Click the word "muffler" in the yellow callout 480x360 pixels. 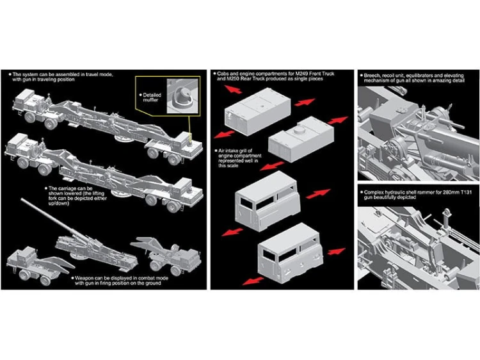[x=150, y=100]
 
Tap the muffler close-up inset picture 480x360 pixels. [x=183, y=96]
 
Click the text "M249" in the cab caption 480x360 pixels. [x=302, y=74]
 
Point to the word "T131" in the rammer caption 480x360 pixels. [x=465, y=192]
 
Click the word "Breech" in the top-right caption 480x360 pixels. [x=372, y=76]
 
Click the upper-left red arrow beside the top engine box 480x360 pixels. [x=233, y=89]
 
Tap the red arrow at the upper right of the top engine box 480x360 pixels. [x=305, y=102]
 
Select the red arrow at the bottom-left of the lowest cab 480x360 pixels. [x=253, y=281]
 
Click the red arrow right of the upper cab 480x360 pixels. [x=318, y=194]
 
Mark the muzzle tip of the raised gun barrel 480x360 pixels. [x=22, y=199]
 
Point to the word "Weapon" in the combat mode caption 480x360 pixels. [x=84, y=278]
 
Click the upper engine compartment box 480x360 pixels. [x=258, y=111]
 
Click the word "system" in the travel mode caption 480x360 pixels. [x=31, y=74]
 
